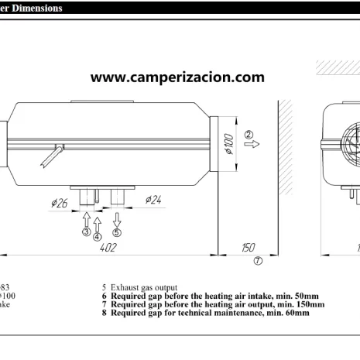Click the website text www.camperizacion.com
click(x=177, y=77)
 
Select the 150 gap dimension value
click(x=249, y=247)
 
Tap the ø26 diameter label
click(x=60, y=203)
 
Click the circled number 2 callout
click(x=249, y=133)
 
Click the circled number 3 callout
click(x=86, y=231)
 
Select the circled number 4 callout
click(x=97, y=236)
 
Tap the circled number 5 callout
click(x=117, y=231)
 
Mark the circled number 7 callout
click(x=258, y=261)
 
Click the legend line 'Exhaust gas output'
click(x=139, y=286)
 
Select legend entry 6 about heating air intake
click(x=210, y=295)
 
